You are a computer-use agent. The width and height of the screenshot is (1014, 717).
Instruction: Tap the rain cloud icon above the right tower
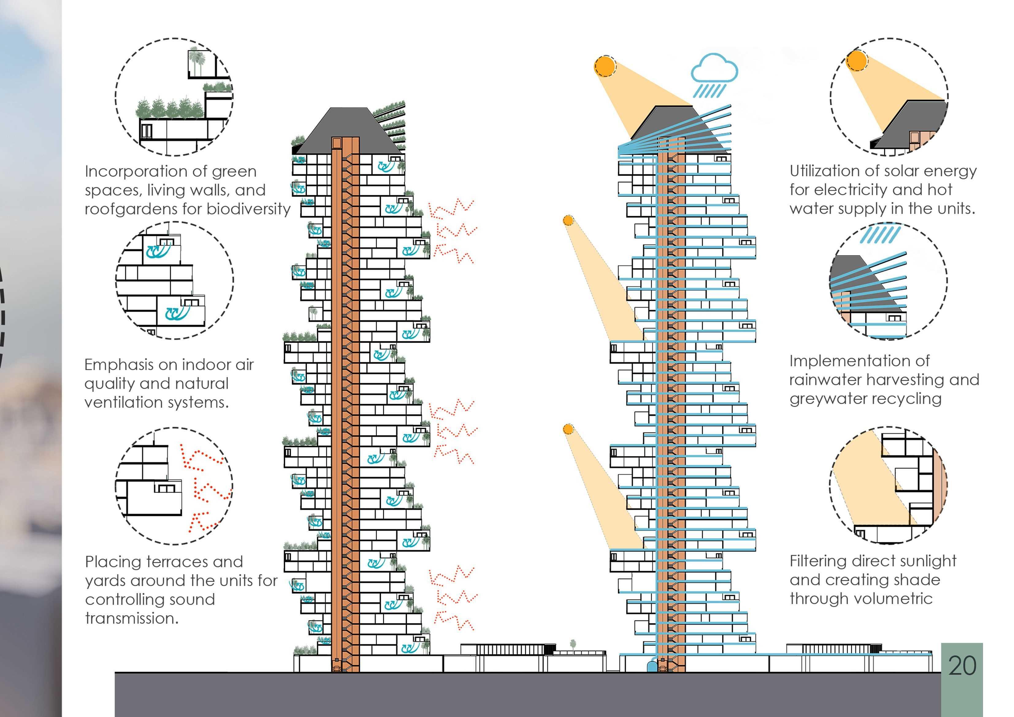pyautogui.click(x=714, y=71)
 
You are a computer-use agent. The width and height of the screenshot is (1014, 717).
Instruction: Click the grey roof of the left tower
pyautogui.click(x=349, y=128)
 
